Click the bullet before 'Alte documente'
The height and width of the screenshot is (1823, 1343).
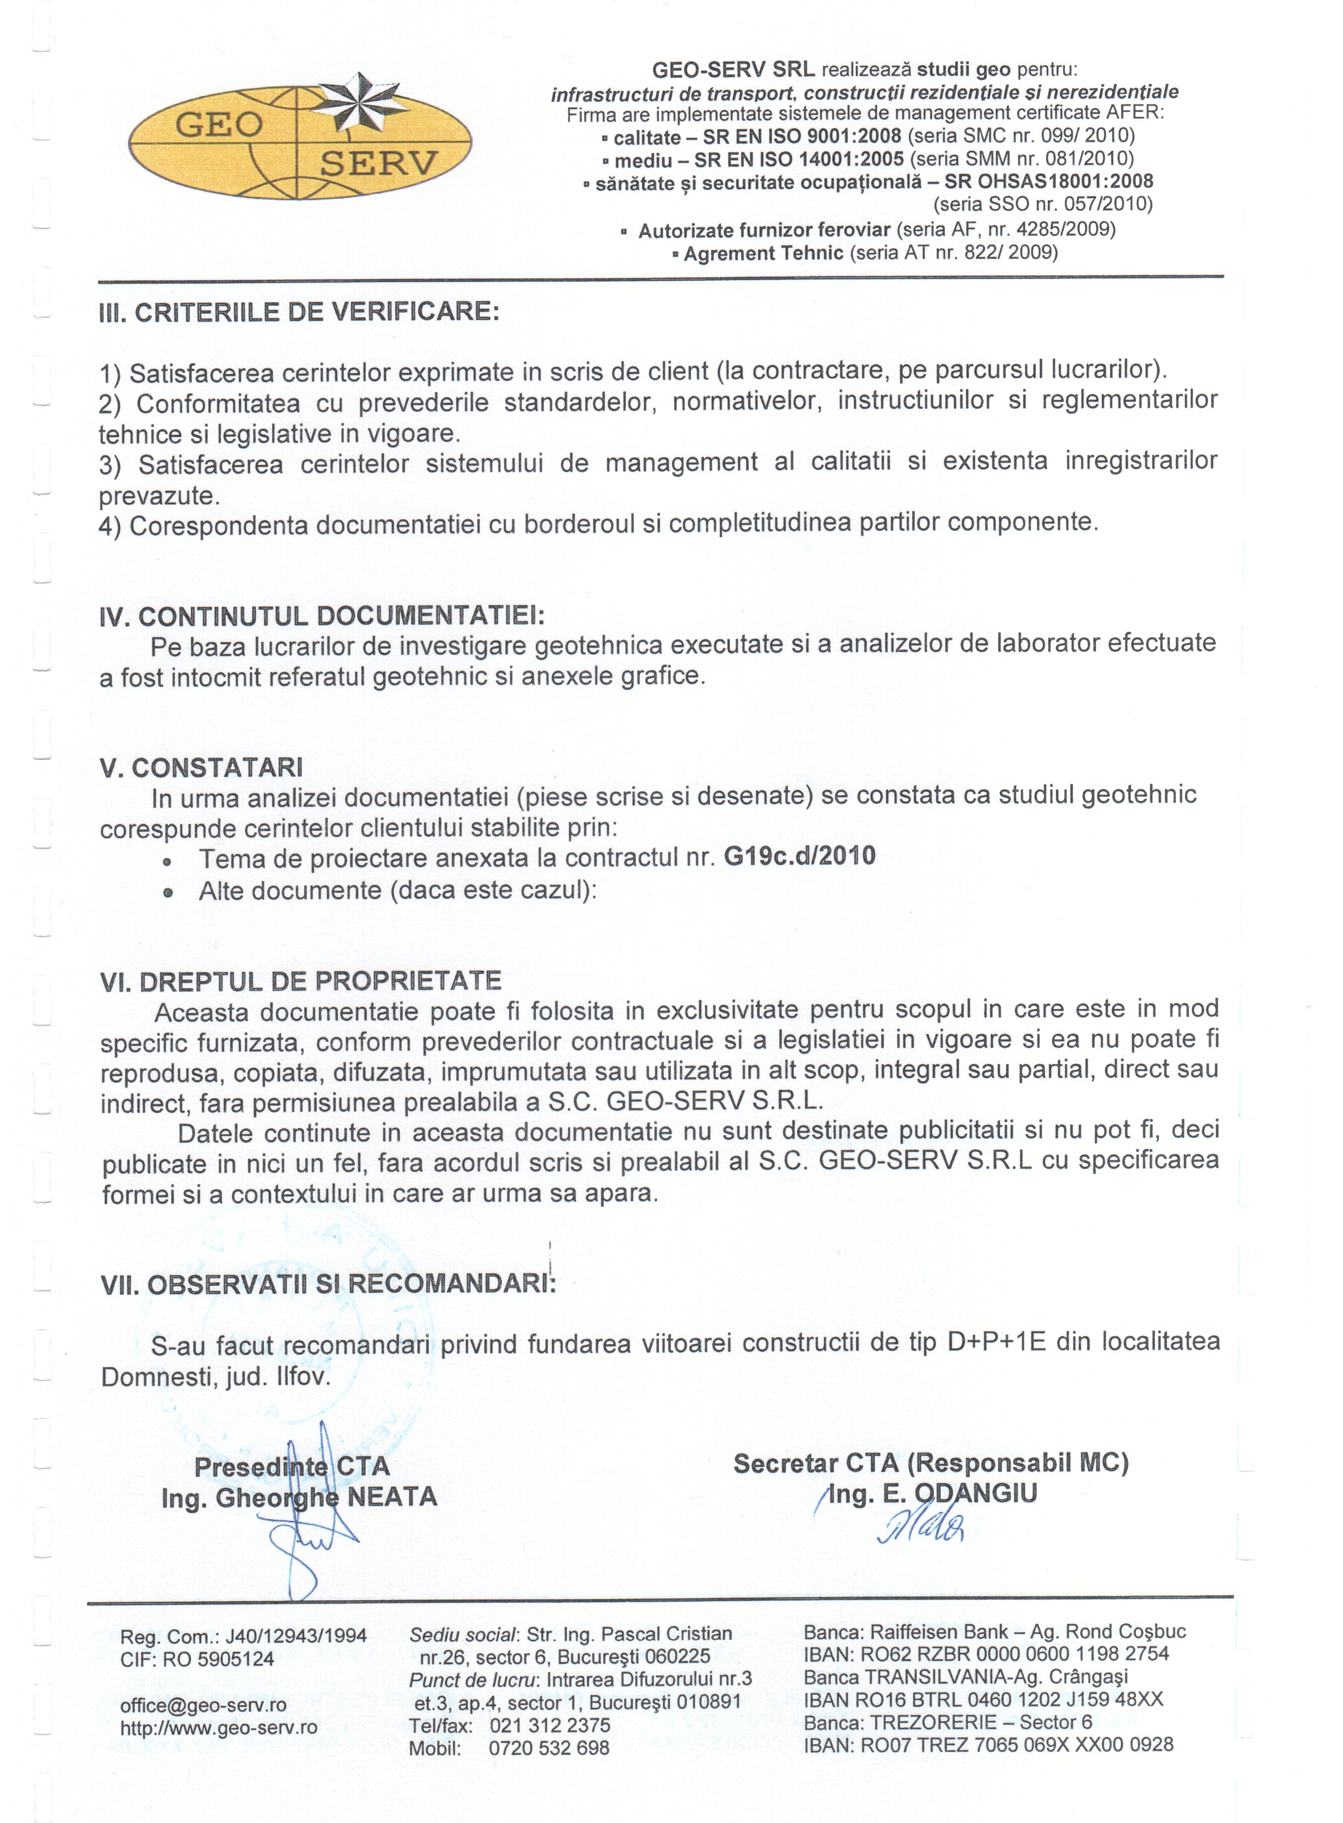click(x=168, y=892)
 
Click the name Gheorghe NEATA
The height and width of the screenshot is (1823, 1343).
click(x=326, y=1497)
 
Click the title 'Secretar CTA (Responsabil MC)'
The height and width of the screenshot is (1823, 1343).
click(x=931, y=1463)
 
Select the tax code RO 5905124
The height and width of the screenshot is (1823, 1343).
click(x=218, y=1659)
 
